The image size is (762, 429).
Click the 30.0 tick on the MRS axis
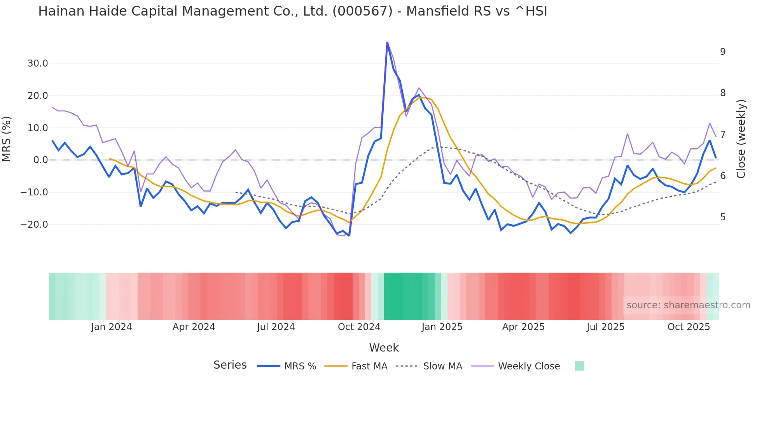pyautogui.click(x=37, y=63)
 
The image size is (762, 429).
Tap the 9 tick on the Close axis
pyautogui.click(x=722, y=52)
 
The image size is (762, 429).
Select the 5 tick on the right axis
pyautogui.click(x=722, y=217)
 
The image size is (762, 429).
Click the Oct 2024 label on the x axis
pyautogui.click(x=359, y=327)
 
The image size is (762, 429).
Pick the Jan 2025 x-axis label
pyautogui.click(x=442, y=327)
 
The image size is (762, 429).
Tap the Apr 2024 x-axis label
pyautogui.click(x=194, y=327)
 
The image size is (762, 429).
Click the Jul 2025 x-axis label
pyautogui.click(x=605, y=327)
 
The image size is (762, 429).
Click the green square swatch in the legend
pyautogui.click(x=579, y=366)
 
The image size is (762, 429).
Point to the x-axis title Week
pyautogui.click(x=384, y=348)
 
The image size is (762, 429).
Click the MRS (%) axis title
pyautogui.click(x=7, y=139)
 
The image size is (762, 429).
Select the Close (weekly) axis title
pyautogui.click(x=741, y=139)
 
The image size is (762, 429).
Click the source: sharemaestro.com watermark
pyautogui.click(x=688, y=305)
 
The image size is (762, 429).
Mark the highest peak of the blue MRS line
pyautogui.click(x=387, y=42)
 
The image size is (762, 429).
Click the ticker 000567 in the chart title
pyautogui.click(x=362, y=11)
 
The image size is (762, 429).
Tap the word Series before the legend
pyautogui.click(x=230, y=365)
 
